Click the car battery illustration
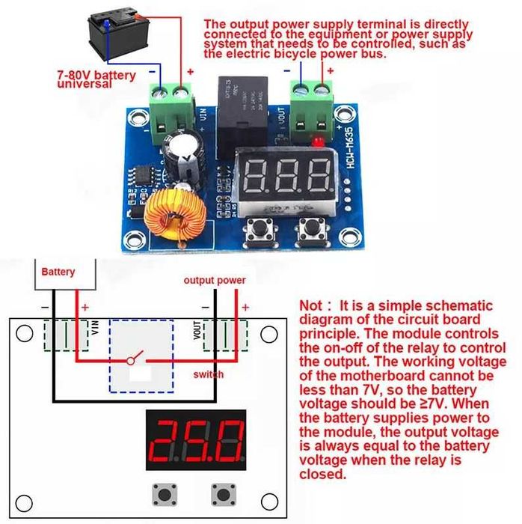tap(121, 36)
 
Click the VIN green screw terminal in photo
tap(172, 105)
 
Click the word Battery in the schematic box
tap(58, 272)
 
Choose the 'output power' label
tap(215, 281)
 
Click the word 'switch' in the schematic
tap(208, 374)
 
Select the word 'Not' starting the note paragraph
tap(310, 306)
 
